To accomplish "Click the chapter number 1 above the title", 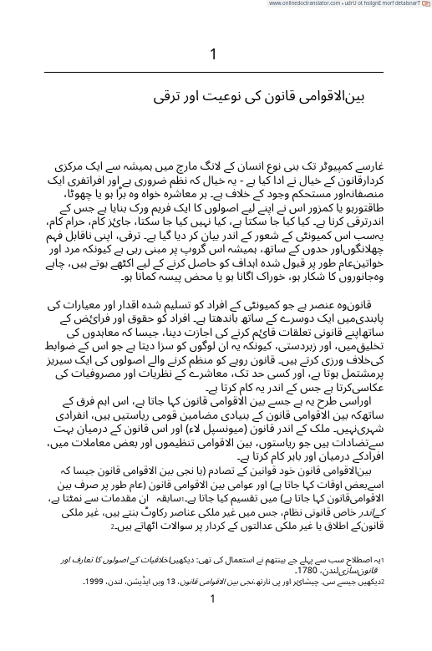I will tap(214, 56).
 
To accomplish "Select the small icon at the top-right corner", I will tap(426, 3).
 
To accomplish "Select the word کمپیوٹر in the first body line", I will tap(326, 157).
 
